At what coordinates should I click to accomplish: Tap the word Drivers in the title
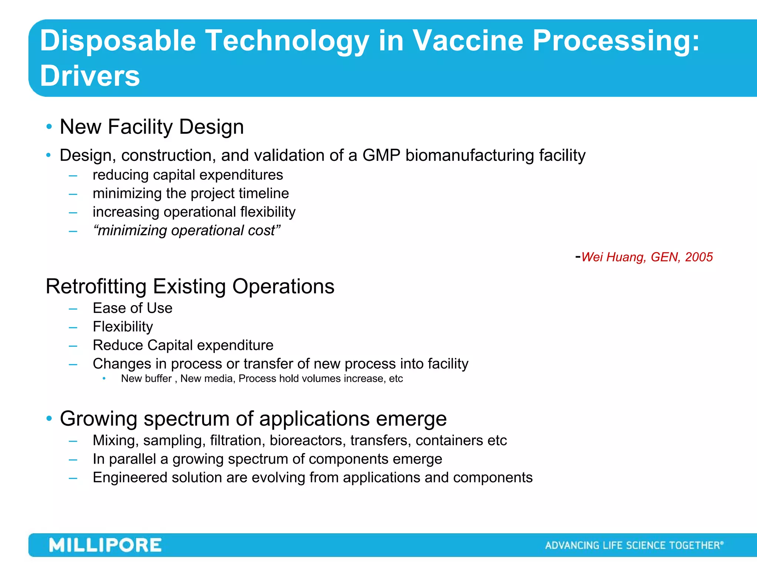[x=90, y=76]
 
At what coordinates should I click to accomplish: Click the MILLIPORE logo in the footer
[x=105, y=545]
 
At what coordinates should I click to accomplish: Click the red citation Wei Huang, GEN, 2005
[x=646, y=257]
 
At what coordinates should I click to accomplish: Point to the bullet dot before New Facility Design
[x=49, y=127]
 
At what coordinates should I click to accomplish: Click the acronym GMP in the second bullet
[x=381, y=155]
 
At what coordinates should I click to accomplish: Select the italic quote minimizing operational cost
[x=187, y=230]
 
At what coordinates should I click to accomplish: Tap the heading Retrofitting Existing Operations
[x=190, y=287]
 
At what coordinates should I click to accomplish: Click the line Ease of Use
[x=132, y=308]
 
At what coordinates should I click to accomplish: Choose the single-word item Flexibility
[x=123, y=327]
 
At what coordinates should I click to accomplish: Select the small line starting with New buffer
[x=262, y=379]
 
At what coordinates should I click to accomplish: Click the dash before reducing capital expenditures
[x=73, y=176]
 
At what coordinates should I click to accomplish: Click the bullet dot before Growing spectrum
[x=49, y=419]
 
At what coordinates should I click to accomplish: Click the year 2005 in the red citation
[x=699, y=257]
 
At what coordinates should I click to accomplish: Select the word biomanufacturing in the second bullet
[x=469, y=155]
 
